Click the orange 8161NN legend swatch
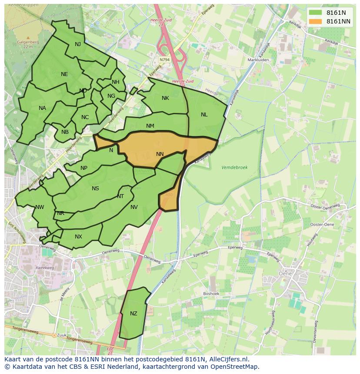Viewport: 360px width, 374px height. click(316, 21)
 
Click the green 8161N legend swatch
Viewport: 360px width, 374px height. click(316, 13)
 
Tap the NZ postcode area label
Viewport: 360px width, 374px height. click(133, 314)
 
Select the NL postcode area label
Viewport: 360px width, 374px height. click(204, 115)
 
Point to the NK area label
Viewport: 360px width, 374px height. click(165, 98)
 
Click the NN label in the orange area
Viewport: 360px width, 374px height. click(160, 154)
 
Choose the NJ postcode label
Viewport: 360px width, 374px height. click(78, 44)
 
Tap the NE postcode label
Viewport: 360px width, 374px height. click(64, 74)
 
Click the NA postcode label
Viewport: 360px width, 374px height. click(42, 108)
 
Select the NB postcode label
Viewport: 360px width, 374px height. click(65, 132)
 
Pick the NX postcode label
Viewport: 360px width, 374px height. click(78, 237)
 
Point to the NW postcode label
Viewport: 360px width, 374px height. click(40, 207)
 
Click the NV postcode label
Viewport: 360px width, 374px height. click(134, 207)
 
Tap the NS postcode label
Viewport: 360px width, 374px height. click(95, 189)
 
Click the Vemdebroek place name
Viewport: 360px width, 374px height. click(234, 167)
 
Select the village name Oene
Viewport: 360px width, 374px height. click(285, 274)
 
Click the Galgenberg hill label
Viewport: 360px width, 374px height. click(28, 42)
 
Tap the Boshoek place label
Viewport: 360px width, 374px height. click(212, 294)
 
